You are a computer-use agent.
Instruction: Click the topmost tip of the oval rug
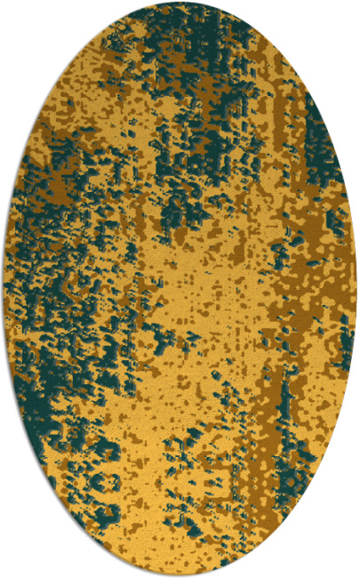click(180, 3)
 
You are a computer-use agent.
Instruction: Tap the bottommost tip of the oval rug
click(180, 575)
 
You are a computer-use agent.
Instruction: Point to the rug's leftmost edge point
click(3, 289)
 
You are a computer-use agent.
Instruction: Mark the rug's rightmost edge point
click(357, 289)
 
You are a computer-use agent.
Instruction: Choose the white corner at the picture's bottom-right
click(356, 574)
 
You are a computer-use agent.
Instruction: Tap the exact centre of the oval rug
click(180, 289)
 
